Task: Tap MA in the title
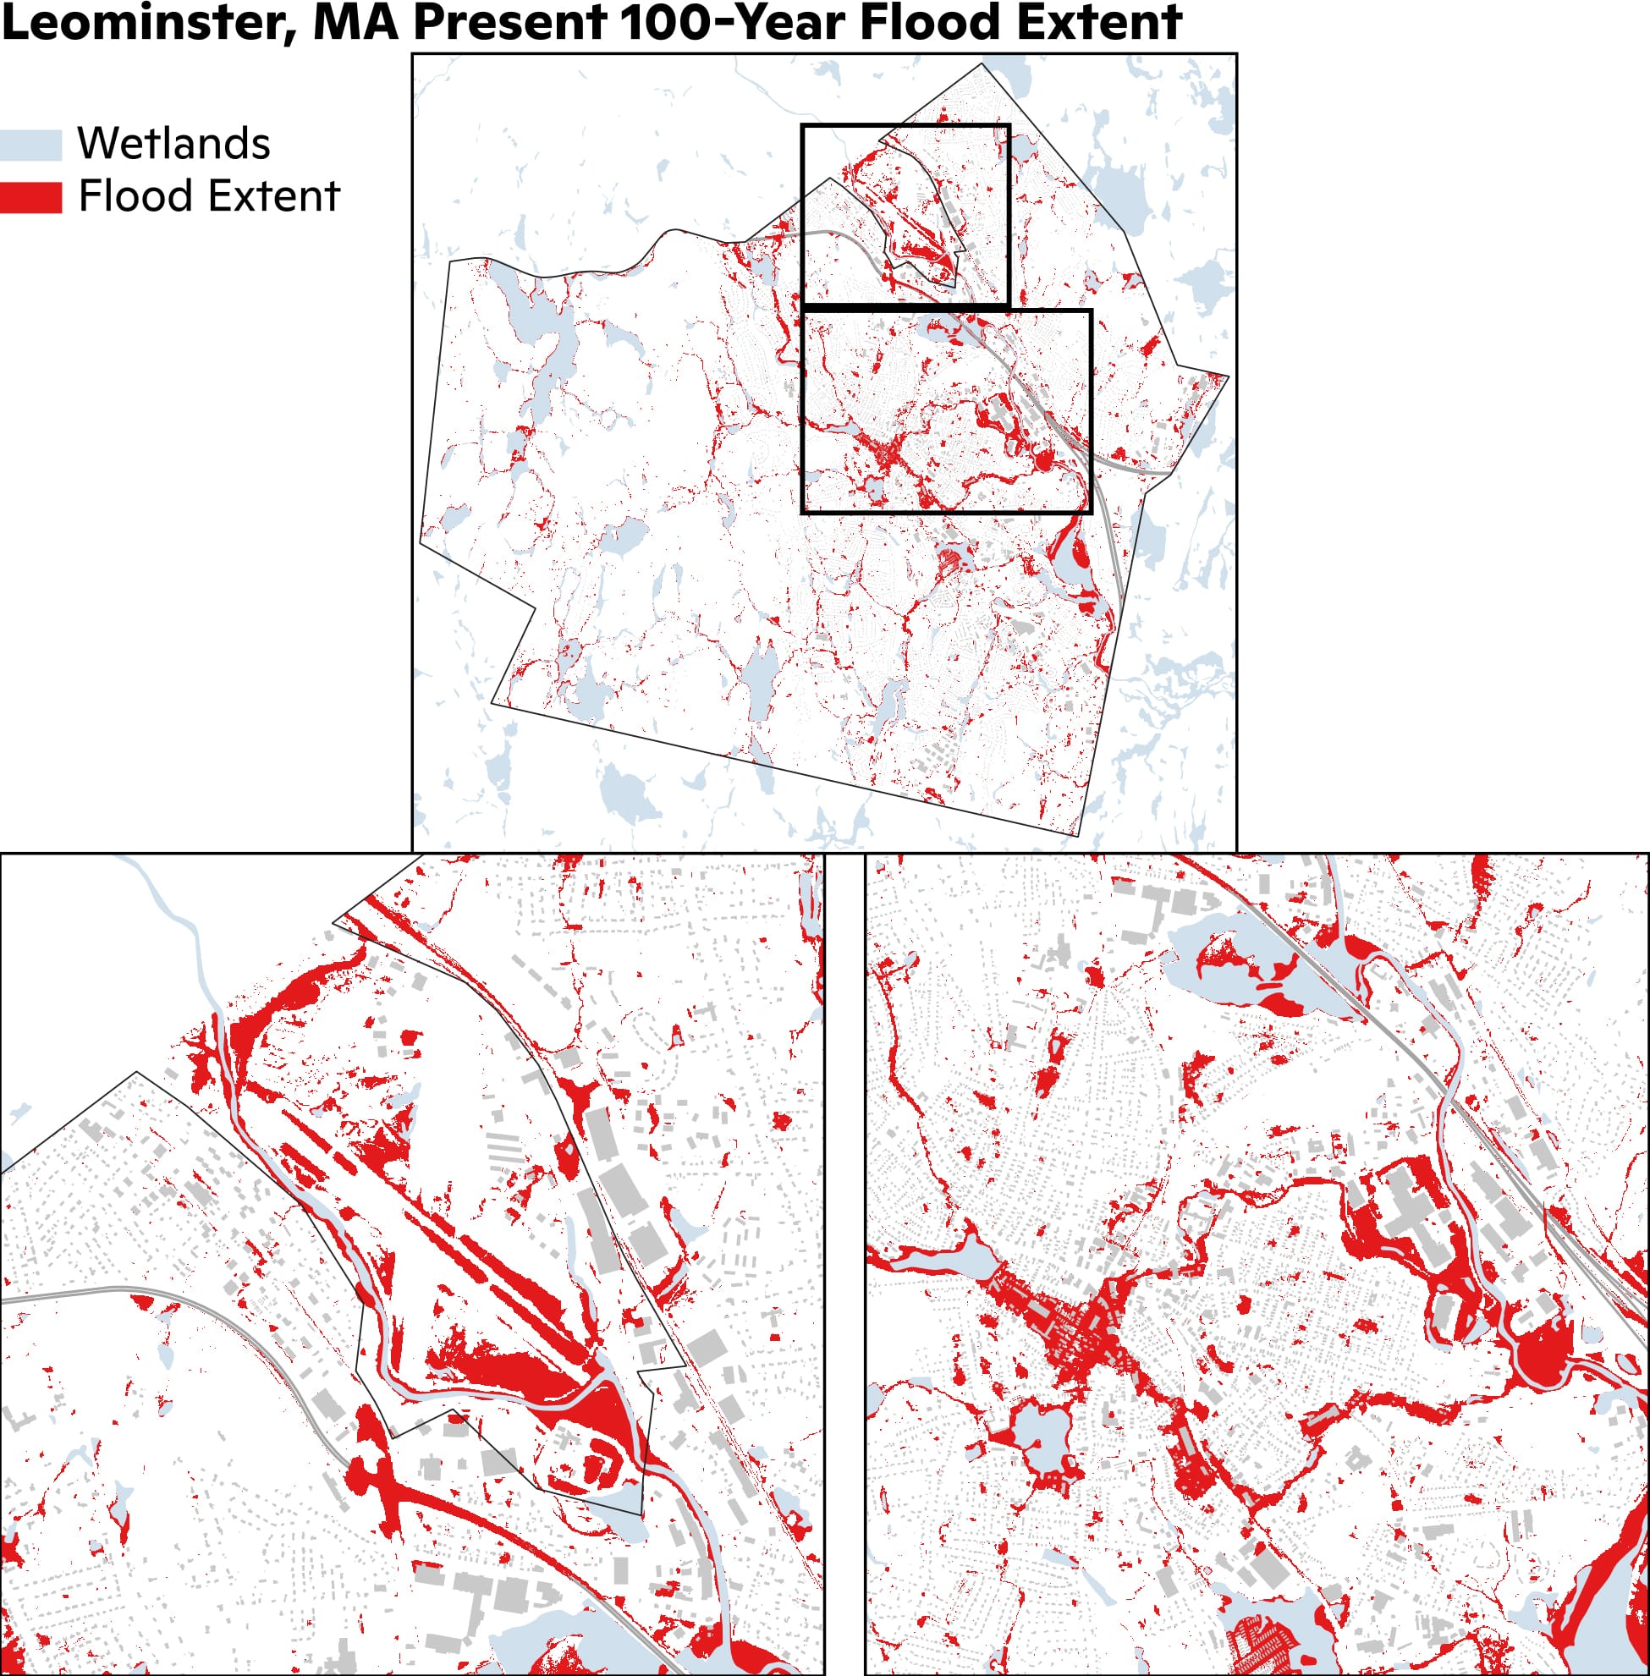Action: point(355,23)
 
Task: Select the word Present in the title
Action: point(509,23)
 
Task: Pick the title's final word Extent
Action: point(1099,23)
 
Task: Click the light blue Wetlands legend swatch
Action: point(31,145)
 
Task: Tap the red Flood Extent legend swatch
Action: point(31,197)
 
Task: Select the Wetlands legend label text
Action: point(173,143)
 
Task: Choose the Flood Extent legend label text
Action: point(209,195)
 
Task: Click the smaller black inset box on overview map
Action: point(905,127)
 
